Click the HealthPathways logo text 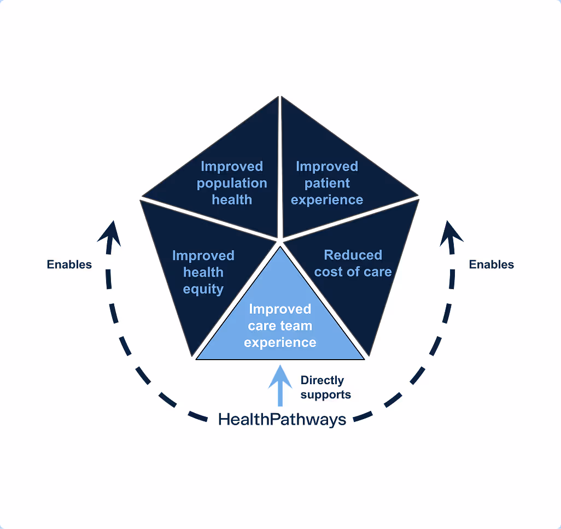(x=282, y=419)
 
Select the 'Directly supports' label (x=325, y=387)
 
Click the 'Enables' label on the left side (x=69, y=264)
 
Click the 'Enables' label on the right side (x=492, y=264)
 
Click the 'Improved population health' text (x=232, y=183)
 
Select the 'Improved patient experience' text (x=327, y=183)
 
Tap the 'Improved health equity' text (x=203, y=272)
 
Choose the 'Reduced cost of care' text (x=353, y=263)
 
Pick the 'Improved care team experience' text (x=280, y=326)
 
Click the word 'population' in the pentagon (x=232, y=183)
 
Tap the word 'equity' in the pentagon (x=203, y=289)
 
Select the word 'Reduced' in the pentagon (x=353, y=255)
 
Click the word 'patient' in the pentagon (x=327, y=183)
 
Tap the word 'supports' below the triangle (x=325, y=395)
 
